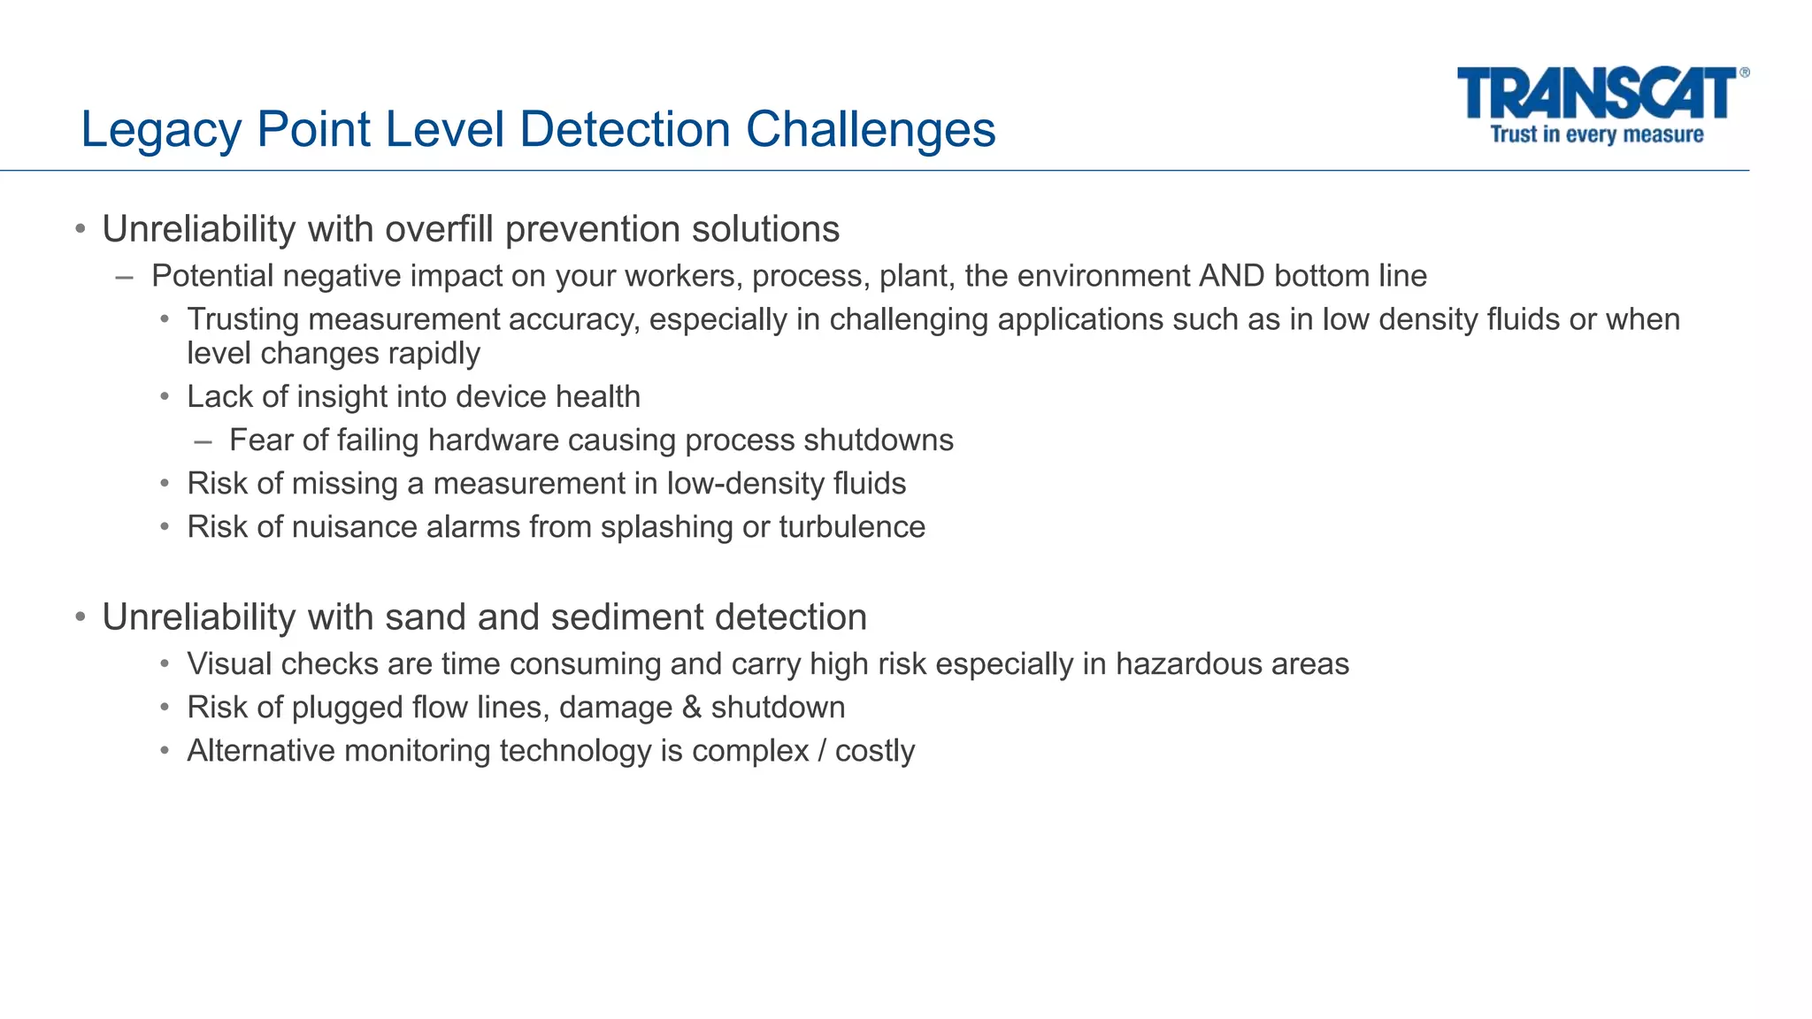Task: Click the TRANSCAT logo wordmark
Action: pyautogui.click(x=1598, y=94)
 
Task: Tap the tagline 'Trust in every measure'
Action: pyautogui.click(x=1596, y=134)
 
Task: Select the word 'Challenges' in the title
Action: pyautogui.click(x=871, y=130)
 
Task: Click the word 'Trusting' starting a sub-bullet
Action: pyautogui.click(x=242, y=319)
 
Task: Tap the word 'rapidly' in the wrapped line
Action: pyautogui.click(x=440, y=353)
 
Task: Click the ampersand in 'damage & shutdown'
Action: pyautogui.click(x=690, y=708)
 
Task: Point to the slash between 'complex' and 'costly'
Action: pyautogui.click(x=822, y=751)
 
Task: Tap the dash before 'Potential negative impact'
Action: pyautogui.click(x=125, y=277)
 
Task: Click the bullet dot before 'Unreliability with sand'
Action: pyautogui.click(x=81, y=617)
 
